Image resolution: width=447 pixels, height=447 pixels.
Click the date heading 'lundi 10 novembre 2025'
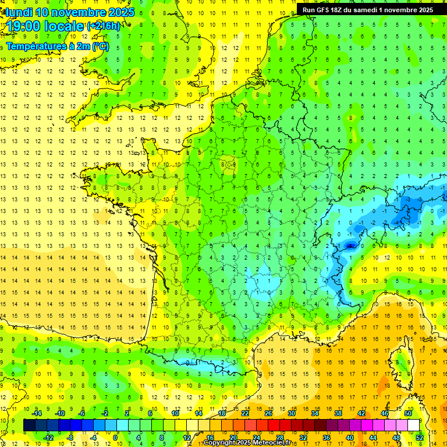click(70, 12)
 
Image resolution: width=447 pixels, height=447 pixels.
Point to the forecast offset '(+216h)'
click(104, 26)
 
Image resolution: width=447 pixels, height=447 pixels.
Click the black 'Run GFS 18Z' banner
click(368, 10)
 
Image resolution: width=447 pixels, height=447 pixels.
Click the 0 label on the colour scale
click(115, 437)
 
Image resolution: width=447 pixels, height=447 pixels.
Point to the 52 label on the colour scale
click(419, 437)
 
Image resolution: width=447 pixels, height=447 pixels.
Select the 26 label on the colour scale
click(268, 413)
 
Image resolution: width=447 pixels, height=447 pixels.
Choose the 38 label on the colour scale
click(338, 413)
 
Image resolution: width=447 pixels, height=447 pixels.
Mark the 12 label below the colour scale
click(187, 437)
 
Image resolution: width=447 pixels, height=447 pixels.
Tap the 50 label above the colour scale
click(407, 413)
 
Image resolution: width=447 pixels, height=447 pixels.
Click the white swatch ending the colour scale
click(413, 425)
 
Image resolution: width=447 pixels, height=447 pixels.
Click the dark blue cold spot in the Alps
click(350, 246)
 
